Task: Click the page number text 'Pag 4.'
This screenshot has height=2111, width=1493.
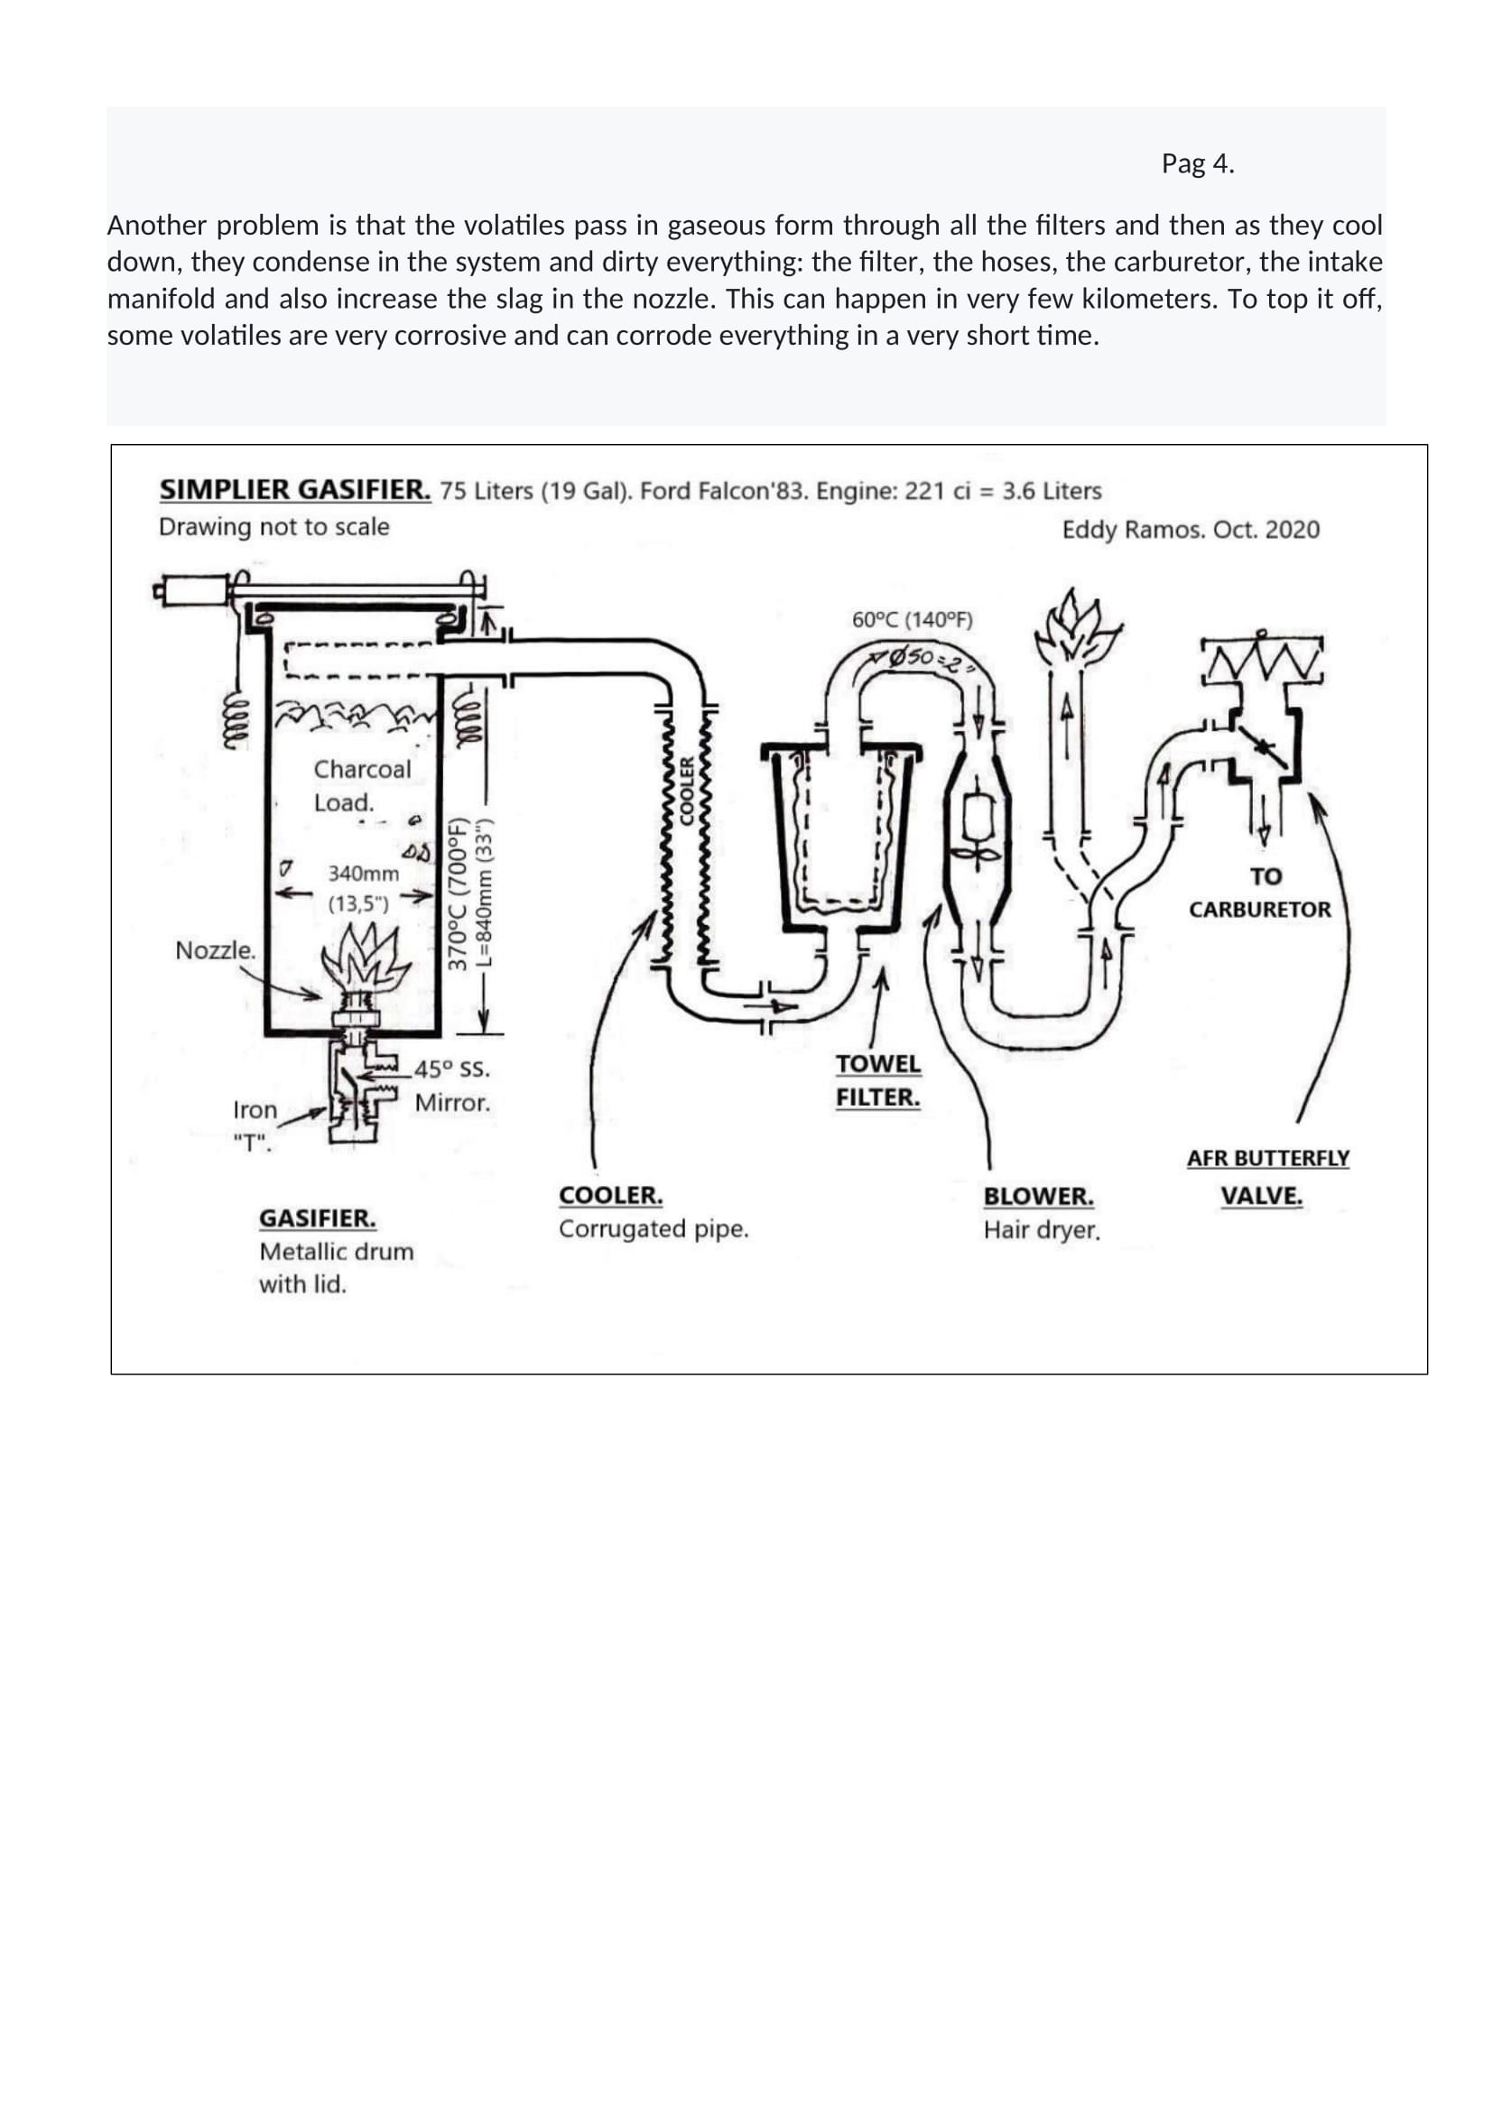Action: click(x=1197, y=163)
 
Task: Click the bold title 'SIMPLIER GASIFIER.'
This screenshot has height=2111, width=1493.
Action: click(x=295, y=489)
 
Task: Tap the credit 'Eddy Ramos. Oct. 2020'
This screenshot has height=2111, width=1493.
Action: click(x=1191, y=530)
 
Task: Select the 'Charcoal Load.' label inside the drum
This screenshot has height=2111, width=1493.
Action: click(x=362, y=785)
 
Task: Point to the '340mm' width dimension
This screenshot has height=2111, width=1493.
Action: click(x=363, y=874)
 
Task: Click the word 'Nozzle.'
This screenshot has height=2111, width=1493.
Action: click(x=215, y=949)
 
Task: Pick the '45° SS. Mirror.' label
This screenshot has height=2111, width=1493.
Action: click(x=451, y=1086)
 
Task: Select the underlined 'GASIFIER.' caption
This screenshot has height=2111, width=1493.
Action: click(x=317, y=1218)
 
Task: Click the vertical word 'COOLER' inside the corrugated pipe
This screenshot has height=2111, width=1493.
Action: click(x=686, y=790)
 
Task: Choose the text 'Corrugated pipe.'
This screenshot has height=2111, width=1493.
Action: click(x=654, y=1229)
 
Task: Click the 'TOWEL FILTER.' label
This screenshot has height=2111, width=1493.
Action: click(x=878, y=1080)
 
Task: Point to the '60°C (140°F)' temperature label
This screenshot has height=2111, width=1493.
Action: click(x=912, y=620)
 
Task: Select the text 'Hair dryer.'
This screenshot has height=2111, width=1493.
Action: click(x=1042, y=1230)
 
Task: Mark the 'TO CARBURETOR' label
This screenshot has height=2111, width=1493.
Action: click(x=1259, y=893)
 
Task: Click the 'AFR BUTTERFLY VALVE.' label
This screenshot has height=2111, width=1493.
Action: click(x=1267, y=1177)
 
